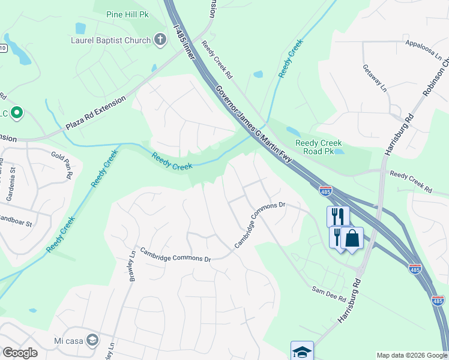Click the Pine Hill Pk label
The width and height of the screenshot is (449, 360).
click(127, 14)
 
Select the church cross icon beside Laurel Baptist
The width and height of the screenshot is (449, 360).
click(160, 40)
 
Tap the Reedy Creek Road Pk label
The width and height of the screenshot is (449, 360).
click(318, 147)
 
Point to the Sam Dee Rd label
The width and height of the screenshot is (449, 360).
click(328, 294)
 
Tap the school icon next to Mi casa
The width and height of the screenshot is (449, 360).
click(92, 340)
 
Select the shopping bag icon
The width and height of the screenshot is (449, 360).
click(352, 238)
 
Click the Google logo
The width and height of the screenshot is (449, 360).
click(20, 353)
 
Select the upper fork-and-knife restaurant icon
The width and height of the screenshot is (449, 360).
click(338, 217)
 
